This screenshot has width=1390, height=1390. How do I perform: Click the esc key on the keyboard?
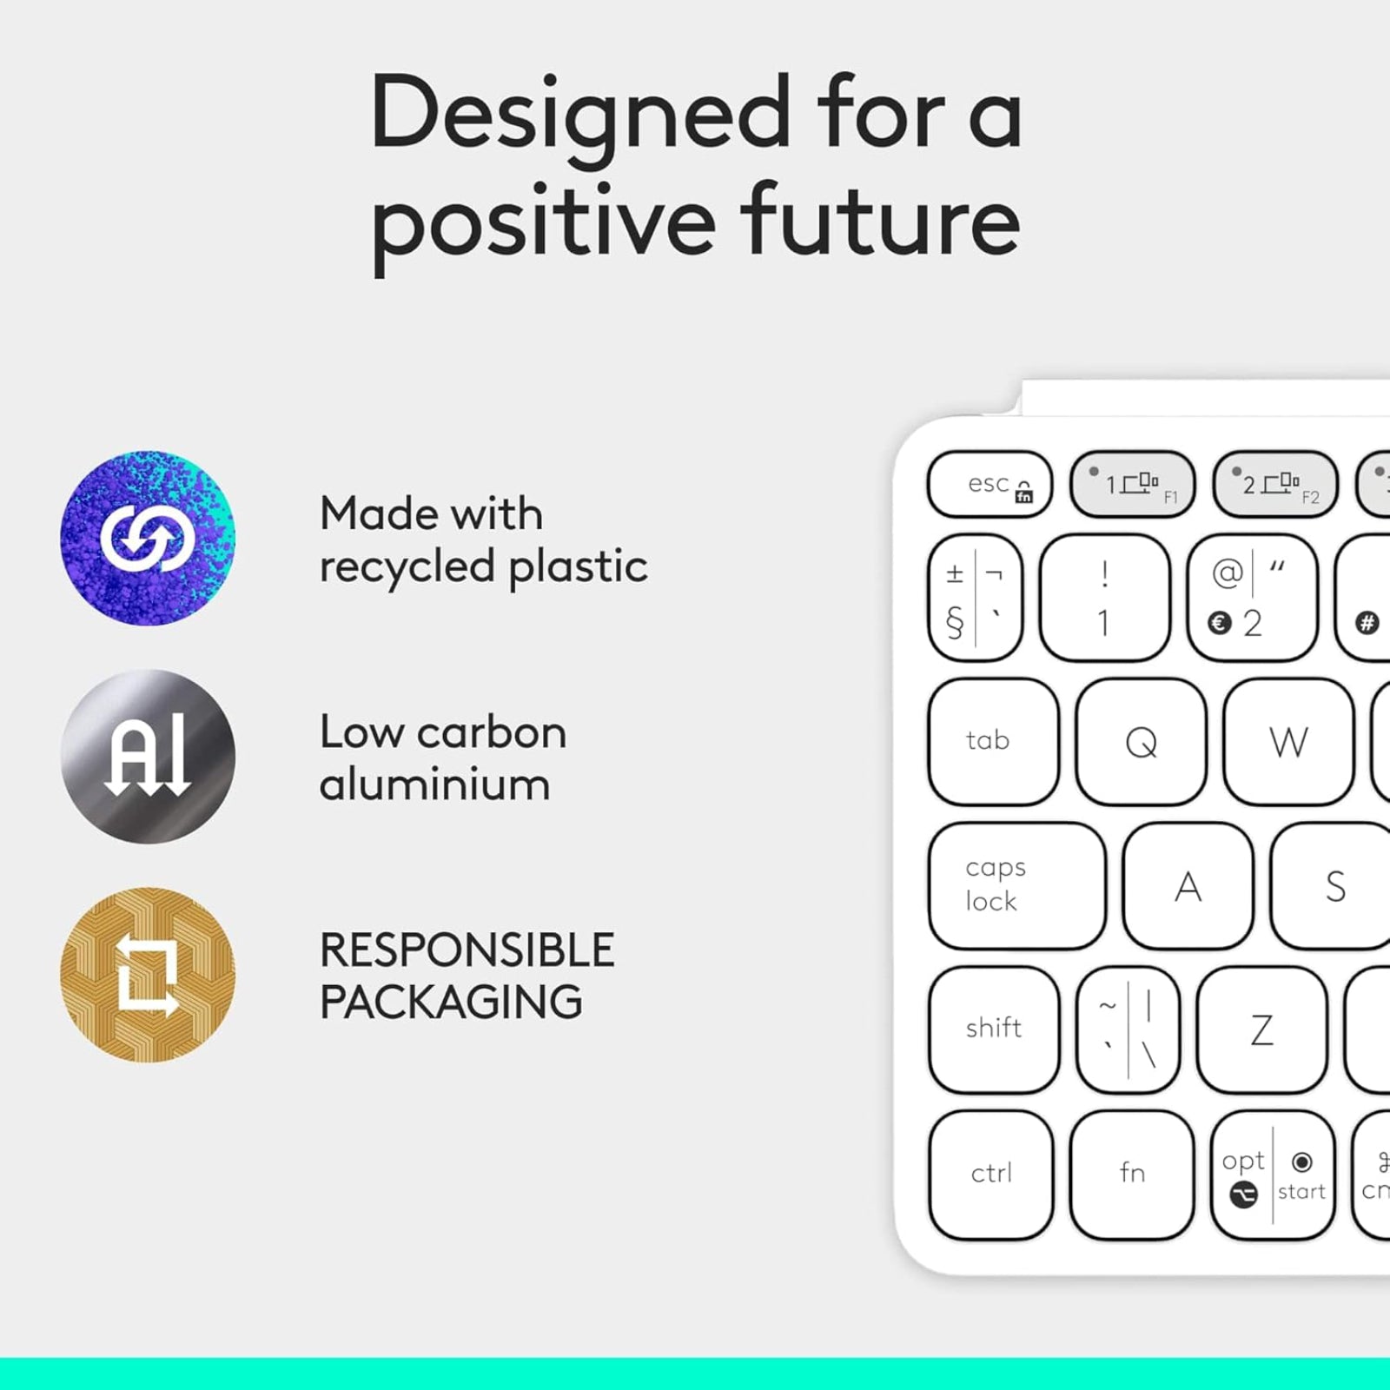[990, 484]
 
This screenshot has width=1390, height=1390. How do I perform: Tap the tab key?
[994, 742]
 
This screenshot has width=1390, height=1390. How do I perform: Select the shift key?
[994, 1029]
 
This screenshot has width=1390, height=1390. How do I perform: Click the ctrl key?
[991, 1175]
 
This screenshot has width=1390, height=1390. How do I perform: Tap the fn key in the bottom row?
[1132, 1175]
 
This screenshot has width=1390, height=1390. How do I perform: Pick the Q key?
[1141, 742]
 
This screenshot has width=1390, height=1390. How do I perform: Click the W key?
[1288, 742]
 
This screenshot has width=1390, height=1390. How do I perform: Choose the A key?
[1188, 886]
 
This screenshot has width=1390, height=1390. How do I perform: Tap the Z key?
[1261, 1029]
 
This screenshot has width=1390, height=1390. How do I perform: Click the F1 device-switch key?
[1132, 484]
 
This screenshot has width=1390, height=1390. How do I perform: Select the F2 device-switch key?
[1274, 484]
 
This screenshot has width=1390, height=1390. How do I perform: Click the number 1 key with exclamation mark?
[1104, 598]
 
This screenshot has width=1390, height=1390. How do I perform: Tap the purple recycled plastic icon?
[148, 538]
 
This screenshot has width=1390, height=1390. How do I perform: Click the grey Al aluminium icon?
[148, 756]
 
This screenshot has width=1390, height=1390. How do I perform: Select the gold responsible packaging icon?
[148, 974]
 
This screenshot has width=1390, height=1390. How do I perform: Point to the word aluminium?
[434, 784]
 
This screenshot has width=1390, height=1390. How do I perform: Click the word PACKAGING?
[451, 1002]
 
